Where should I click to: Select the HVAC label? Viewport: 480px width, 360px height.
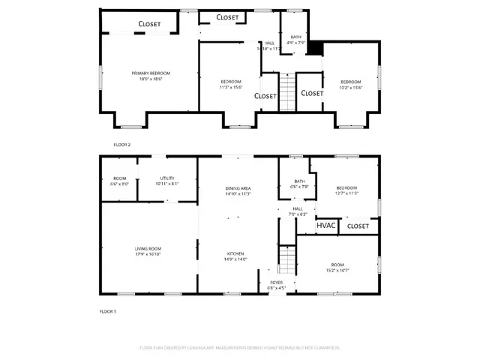point(325,225)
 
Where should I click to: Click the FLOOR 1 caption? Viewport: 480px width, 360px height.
point(108,311)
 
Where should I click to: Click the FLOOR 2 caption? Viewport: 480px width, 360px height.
point(122,144)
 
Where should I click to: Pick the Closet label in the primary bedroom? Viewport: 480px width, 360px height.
point(150,24)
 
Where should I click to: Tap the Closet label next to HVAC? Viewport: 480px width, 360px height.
point(358,226)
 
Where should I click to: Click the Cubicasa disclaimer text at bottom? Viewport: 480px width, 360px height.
point(240,348)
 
